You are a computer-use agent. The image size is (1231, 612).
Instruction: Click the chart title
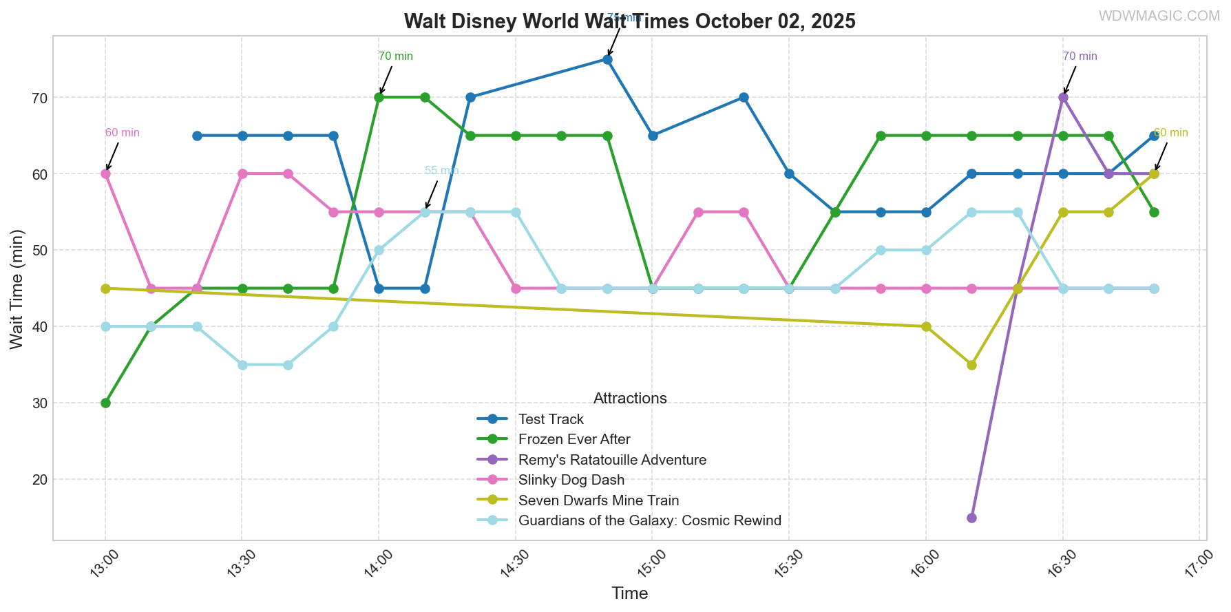(x=629, y=21)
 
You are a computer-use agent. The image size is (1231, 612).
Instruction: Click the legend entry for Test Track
(x=551, y=419)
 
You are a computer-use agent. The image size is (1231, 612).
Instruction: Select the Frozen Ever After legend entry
(x=574, y=439)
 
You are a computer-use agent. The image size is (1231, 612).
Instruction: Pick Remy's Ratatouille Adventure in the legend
(x=612, y=460)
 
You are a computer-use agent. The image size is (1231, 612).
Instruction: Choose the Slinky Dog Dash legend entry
(x=571, y=480)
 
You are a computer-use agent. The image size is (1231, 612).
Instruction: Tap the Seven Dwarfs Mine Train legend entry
(x=598, y=500)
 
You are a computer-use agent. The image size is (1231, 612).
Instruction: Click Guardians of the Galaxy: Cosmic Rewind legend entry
(x=649, y=520)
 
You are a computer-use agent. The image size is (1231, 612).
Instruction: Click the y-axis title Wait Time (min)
(x=17, y=288)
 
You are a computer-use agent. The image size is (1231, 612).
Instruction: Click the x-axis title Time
(x=629, y=593)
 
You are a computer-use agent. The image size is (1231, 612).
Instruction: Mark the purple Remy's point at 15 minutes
(x=971, y=518)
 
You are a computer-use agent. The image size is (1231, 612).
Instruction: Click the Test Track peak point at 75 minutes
(x=607, y=60)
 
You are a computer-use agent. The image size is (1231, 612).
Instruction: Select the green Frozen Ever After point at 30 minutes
(x=105, y=403)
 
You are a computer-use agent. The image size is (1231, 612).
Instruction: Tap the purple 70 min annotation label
(x=1080, y=56)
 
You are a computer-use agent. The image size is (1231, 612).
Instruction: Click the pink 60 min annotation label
(x=123, y=133)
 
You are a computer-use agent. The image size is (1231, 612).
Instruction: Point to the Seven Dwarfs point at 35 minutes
(x=971, y=365)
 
